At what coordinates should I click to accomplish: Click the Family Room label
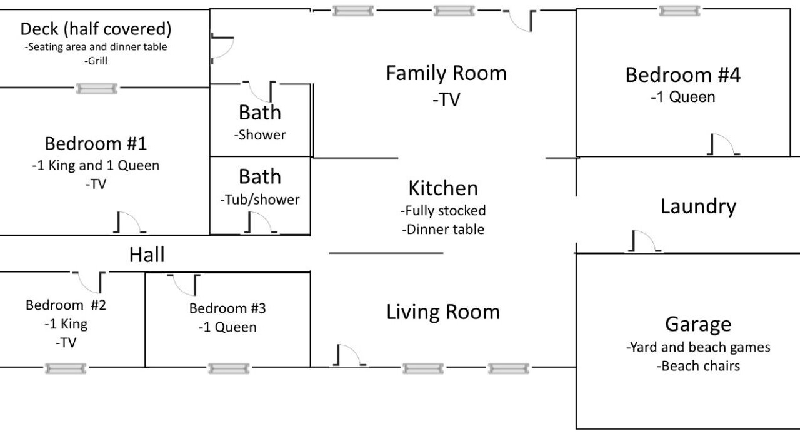point(446,73)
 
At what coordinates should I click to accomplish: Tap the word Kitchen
point(443,188)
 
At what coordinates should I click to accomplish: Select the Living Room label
point(443,312)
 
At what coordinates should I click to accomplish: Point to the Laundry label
point(698,206)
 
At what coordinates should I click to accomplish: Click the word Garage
point(698,325)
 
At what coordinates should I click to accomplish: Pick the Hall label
point(147,255)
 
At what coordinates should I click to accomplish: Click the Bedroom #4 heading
point(683,75)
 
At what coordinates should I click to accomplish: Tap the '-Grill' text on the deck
point(96,61)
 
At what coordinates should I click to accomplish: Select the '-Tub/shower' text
point(259,200)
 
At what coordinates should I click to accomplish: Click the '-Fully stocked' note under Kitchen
point(443,211)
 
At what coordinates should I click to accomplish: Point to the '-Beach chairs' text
point(698,366)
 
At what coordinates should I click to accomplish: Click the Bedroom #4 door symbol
point(723,144)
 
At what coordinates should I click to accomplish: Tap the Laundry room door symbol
point(644,241)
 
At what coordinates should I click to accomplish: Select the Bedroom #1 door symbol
point(129,222)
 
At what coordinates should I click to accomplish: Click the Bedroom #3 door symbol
point(184,285)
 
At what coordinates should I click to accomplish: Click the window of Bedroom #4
point(679,11)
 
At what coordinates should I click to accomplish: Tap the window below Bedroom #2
point(66,368)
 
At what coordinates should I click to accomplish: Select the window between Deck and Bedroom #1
point(97,88)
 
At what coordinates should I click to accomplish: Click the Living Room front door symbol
point(350,355)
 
